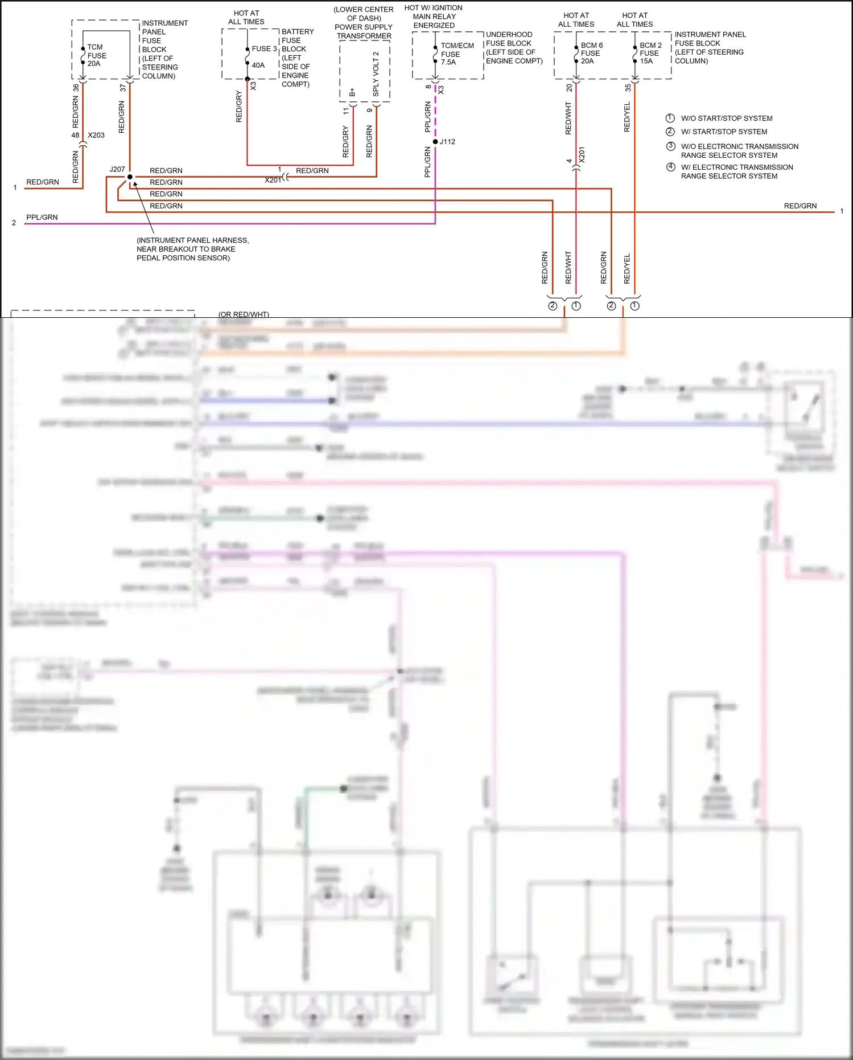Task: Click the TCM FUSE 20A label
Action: pos(96,55)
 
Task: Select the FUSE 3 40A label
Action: pos(263,56)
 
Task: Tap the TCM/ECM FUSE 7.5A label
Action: pos(456,54)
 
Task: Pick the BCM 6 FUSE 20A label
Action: pos(591,53)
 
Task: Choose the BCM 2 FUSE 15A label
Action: pos(650,53)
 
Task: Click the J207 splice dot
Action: pos(130,177)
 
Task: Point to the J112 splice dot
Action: pos(435,142)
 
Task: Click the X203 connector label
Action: pos(96,135)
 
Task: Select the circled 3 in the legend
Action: pos(670,146)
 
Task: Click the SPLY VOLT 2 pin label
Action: pos(376,74)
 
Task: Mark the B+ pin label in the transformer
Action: pos(352,92)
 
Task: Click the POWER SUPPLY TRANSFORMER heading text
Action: pos(364,31)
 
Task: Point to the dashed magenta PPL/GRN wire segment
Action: pos(435,111)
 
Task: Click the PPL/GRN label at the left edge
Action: pos(42,217)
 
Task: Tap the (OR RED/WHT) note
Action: pos(244,314)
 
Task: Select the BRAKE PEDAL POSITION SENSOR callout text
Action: pos(192,249)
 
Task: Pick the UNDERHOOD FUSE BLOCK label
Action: pos(514,48)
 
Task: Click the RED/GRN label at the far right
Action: pos(800,206)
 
